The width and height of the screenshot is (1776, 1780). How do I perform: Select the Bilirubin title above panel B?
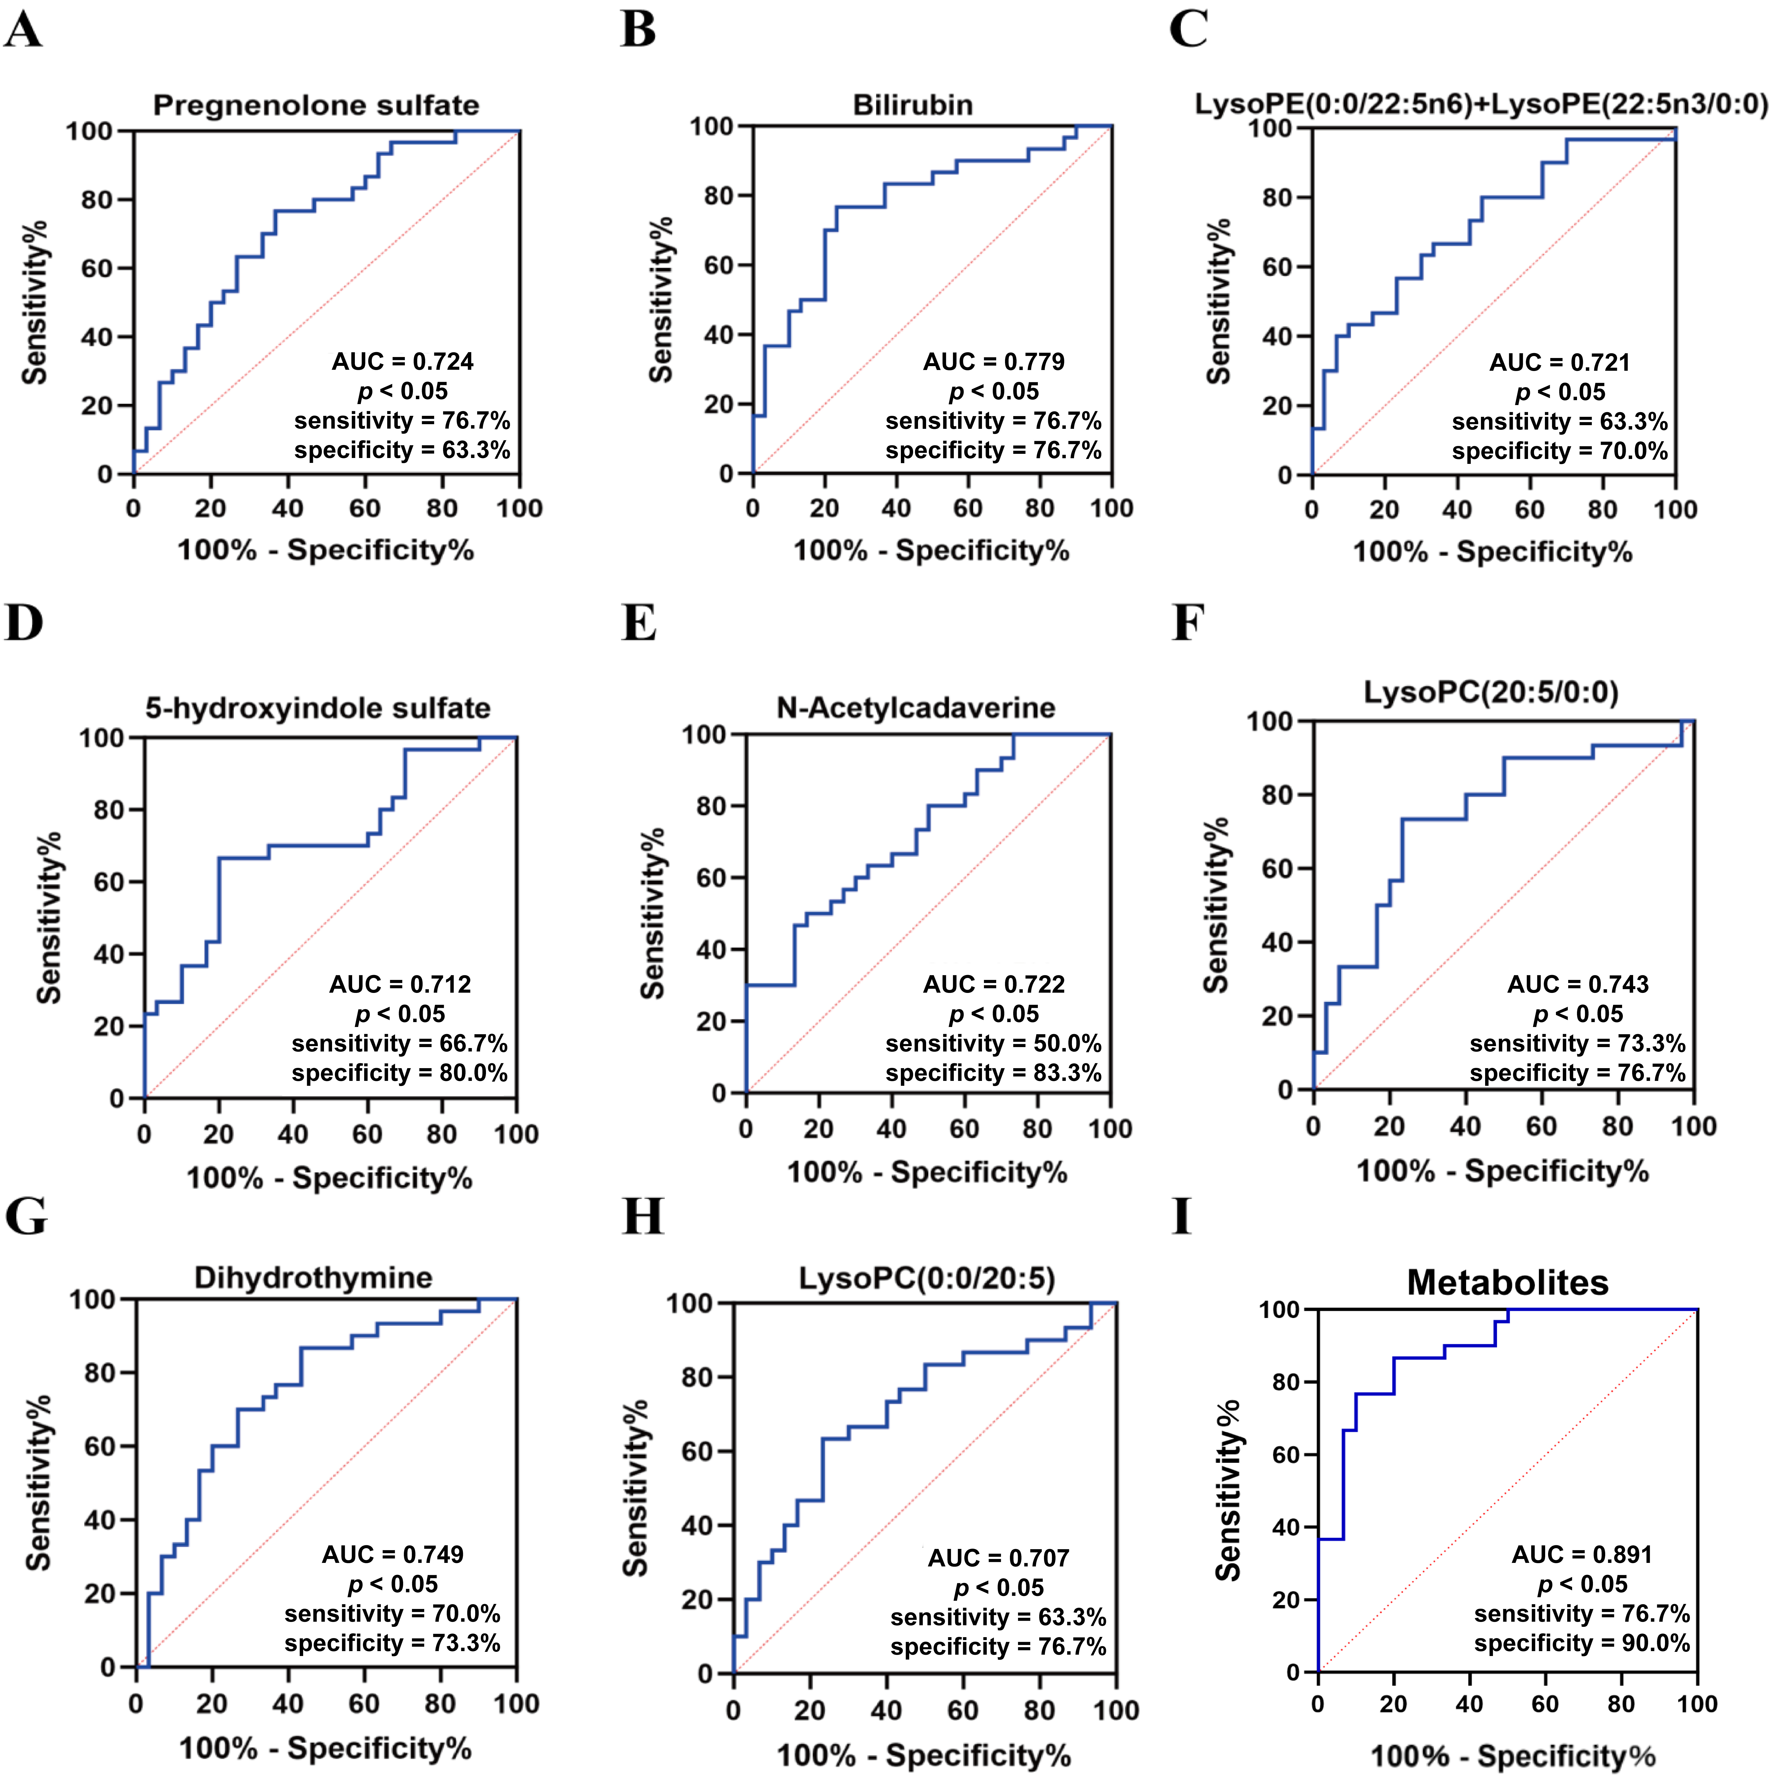click(x=912, y=105)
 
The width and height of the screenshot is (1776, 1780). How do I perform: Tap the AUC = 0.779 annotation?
click(x=994, y=361)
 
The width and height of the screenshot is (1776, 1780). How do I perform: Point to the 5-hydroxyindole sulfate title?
click(x=318, y=708)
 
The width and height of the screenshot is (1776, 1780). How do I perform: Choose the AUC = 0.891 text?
click(x=1581, y=1554)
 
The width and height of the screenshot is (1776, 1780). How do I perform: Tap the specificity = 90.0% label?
click(x=1581, y=1643)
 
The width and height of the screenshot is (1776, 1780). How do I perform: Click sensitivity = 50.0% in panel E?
click(x=994, y=1043)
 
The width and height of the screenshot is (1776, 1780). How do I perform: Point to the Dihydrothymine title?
click(x=313, y=1278)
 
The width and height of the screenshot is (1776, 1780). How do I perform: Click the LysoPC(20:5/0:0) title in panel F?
click(x=1491, y=692)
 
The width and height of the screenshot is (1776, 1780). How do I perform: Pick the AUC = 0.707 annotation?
click(x=998, y=1558)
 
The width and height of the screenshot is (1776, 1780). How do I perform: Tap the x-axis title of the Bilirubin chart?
click(x=931, y=551)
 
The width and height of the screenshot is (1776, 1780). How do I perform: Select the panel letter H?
click(x=642, y=1217)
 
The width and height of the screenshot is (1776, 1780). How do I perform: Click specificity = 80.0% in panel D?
click(x=400, y=1072)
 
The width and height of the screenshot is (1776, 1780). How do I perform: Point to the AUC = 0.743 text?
click(x=1578, y=984)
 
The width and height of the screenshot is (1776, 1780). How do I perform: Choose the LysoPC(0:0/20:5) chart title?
click(x=926, y=1279)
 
